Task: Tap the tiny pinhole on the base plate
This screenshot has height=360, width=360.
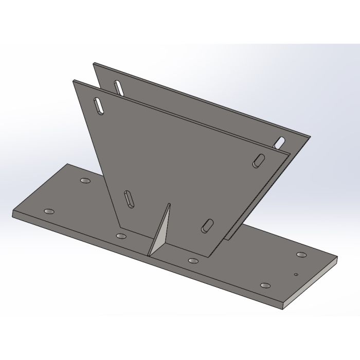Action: pyautogui.click(x=296, y=274)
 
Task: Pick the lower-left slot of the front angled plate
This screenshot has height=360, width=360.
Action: pyautogui.click(x=127, y=198)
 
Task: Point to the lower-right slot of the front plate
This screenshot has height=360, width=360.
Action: pyautogui.click(x=208, y=224)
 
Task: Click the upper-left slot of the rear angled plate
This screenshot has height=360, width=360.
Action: pyautogui.click(x=119, y=88)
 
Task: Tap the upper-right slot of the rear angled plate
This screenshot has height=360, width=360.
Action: pyautogui.click(x=280, y=140)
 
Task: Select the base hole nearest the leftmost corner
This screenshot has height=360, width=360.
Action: pyautogui.click(x=49, y=212)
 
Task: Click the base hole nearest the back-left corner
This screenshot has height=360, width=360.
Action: pyautogui.click(x=84, y=181)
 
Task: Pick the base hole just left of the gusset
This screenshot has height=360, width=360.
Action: pyautogui.click(x=121, y=236)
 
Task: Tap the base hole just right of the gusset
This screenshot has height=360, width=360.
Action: pyautogui.click(x=193, y=260)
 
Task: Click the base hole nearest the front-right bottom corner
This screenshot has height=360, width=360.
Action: pyautogui.click(x=265, y=285)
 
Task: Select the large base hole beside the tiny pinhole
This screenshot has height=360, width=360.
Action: pyautogui.click(x=301, y=254)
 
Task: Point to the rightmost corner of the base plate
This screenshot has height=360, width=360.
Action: pyautogui.click(x=338, y=261)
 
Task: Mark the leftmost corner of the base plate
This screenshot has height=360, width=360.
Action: pyautogui.click(x=12, y=212)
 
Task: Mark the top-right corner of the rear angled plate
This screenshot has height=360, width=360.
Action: pyautogui.click(x=311, y=137)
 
